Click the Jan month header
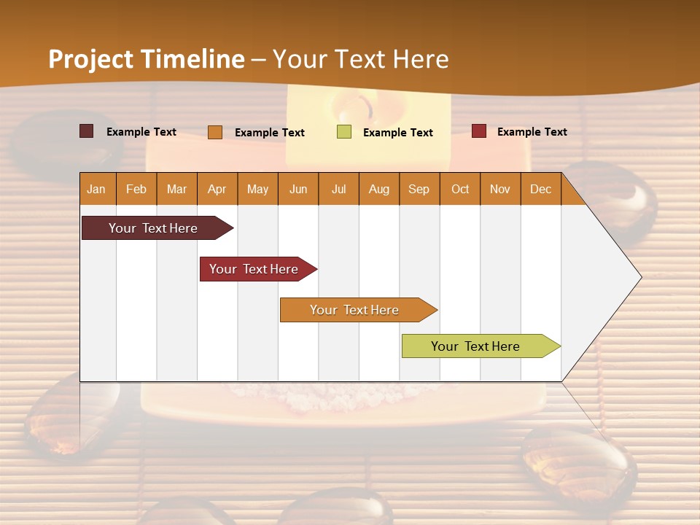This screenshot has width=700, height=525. click(96, 189)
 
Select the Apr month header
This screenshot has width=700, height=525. click(217, 189)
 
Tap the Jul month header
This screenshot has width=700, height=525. click(338, 189)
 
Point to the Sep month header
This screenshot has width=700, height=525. click(419, 189)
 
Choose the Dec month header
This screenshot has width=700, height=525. click(540, 189)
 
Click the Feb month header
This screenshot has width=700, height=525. click(136, 189)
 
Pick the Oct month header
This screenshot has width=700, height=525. click(459, 189)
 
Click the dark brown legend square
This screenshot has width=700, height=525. click(87, 131)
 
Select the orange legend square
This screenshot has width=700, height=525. click(215, 132)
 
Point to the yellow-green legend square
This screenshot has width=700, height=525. click(344, 132)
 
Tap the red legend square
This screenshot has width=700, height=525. click(479, 131)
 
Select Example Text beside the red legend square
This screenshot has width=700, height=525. click(532, 131)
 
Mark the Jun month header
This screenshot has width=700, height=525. click(298, 189)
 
